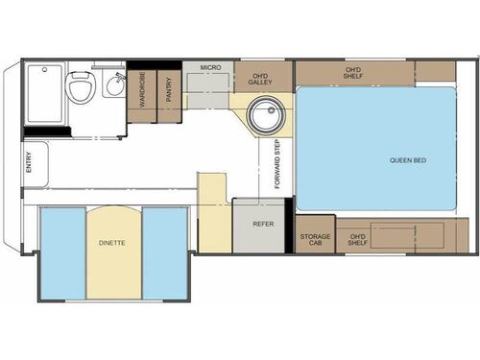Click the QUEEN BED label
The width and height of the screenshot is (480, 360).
coord(407,160)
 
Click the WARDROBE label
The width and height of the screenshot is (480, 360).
coord(141,91)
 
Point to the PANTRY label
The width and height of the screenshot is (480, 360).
coord(169,91)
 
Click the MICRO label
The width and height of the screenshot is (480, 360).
coord(211,68)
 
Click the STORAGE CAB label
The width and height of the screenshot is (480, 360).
coord(316,238)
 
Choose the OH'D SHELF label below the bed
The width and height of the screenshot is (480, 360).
coord(358,238)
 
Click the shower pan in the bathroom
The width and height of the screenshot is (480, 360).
coord(44,94)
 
